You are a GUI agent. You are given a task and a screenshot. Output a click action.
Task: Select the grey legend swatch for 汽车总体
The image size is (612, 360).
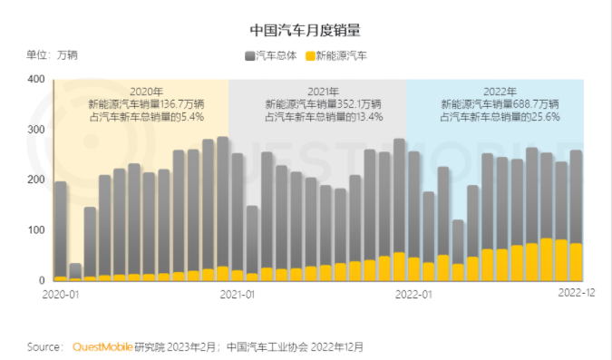click(250, 56)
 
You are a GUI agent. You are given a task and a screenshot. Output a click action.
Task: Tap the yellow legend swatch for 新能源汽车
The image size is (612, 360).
click(310, 56)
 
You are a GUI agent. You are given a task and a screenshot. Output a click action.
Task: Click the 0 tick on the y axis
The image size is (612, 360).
click(41, 280)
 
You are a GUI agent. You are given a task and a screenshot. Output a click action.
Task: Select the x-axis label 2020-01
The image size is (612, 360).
click(61, 294)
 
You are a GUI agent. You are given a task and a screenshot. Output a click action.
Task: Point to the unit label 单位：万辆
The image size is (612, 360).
click(52, 55)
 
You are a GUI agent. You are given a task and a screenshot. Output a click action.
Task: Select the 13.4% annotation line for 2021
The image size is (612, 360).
click(323, 117)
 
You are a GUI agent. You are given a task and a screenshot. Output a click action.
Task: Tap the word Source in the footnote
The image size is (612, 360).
click(44, 346)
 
